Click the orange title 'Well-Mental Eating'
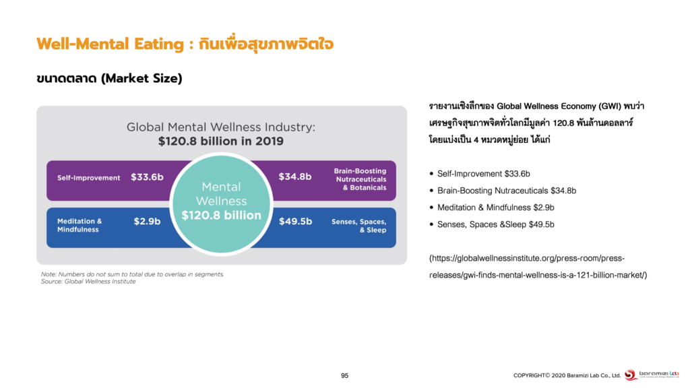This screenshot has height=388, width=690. tap(111, 44)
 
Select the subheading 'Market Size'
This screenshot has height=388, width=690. tap(142, 78)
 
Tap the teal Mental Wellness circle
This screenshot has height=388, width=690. tap(221, 203)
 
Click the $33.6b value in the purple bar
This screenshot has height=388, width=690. tap(147, 177)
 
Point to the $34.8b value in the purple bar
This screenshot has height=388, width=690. tap(295, 177)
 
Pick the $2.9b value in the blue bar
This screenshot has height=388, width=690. tap(147, 221)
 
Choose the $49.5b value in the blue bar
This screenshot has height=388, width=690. tap(295, 221)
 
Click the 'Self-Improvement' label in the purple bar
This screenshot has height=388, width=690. tap(88, 178)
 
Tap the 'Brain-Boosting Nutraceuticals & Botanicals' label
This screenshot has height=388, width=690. tap(360, 179)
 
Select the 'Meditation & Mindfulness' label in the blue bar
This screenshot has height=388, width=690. tap(80, 225)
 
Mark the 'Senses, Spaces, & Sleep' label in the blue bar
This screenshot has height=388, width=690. tap(358, 226)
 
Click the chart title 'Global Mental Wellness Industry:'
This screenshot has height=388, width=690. tap(221, 127)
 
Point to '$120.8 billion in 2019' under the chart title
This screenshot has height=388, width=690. tap(221, 141)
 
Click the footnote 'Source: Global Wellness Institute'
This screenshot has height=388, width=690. tap(88, 282)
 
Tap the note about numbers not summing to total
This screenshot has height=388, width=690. tap(133, 274)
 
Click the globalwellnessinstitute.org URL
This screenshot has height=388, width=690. tap(538, 267)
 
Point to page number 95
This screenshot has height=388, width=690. tap(344, 376)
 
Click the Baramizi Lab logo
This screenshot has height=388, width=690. tap(652, 375)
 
